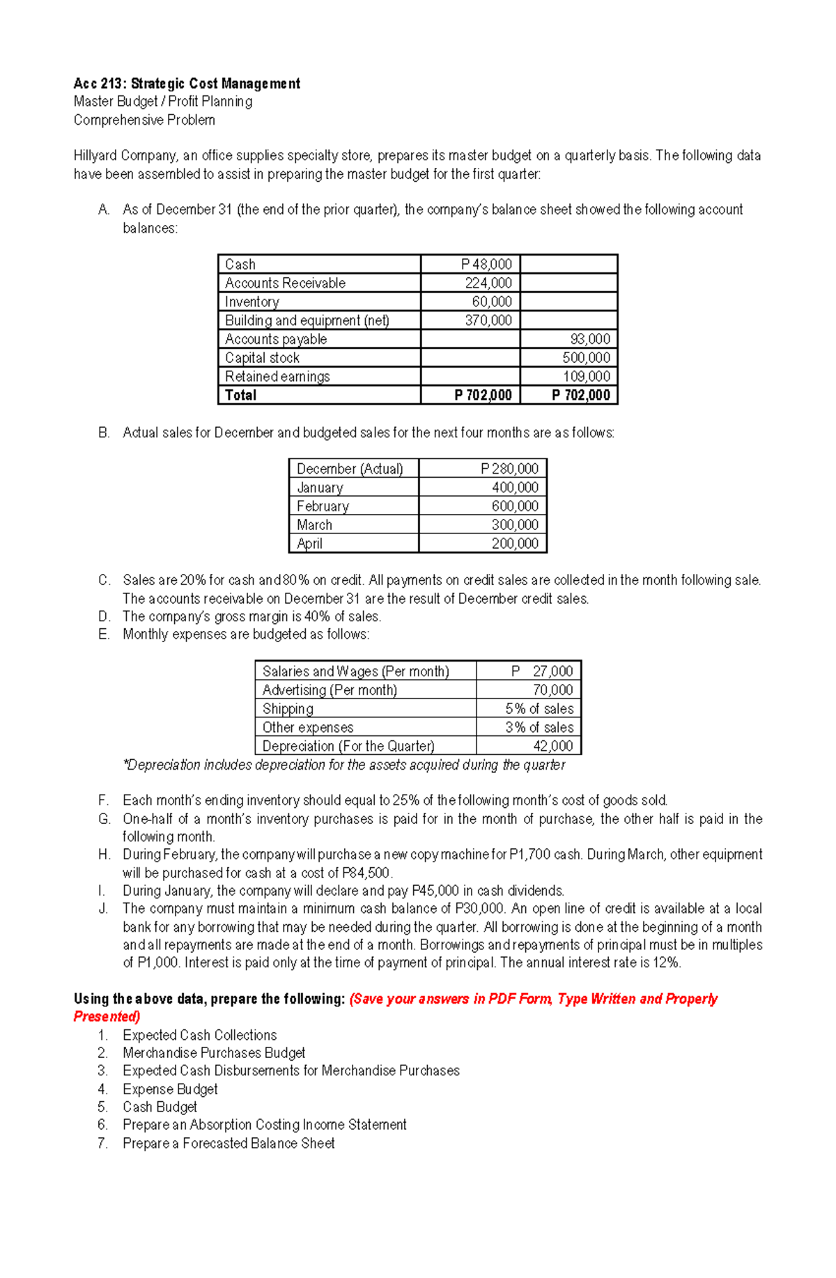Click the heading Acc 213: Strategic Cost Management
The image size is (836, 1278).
(187, 84)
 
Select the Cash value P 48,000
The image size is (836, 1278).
(486, 265)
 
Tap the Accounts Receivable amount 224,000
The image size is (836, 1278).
(488, 283)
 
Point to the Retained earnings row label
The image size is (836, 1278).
(277, 377)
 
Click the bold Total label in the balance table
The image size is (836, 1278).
(240, 396)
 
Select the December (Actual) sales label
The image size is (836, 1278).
(350, 469)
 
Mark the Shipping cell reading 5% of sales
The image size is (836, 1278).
(539, 709)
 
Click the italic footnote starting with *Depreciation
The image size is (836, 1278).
(343, 765)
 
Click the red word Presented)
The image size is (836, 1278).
(107, 1017)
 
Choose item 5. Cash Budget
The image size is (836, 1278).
(160, 1107)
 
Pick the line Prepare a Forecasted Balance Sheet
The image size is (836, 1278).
(229, 1144)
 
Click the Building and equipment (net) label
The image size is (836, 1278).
(307, 320)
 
